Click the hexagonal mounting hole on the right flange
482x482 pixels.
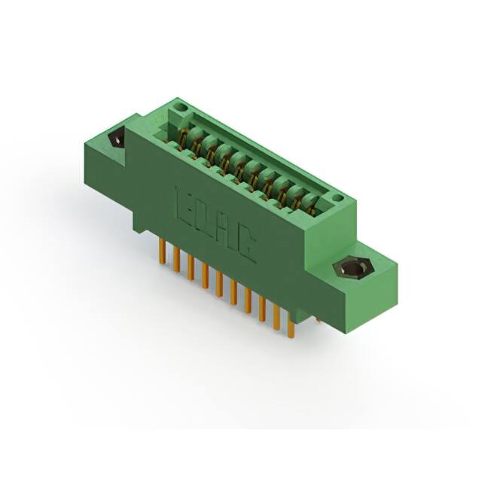348,268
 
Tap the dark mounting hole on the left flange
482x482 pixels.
117,140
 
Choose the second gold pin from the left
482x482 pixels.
175,260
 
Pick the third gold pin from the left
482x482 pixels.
191,267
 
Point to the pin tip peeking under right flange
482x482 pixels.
318,319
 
